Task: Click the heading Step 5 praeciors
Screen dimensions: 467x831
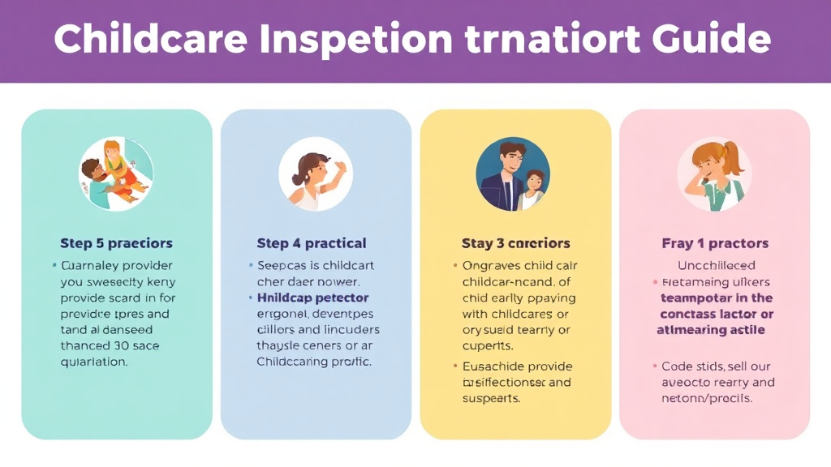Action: [116, 243]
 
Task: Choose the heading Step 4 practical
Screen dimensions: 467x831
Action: [312, 243]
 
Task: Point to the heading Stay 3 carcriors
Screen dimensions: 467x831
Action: [515, 243]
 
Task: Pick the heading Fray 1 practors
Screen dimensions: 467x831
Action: [715, 243]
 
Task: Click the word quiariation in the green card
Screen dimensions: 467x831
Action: [94, 362]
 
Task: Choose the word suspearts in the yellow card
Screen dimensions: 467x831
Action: [491, 398]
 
